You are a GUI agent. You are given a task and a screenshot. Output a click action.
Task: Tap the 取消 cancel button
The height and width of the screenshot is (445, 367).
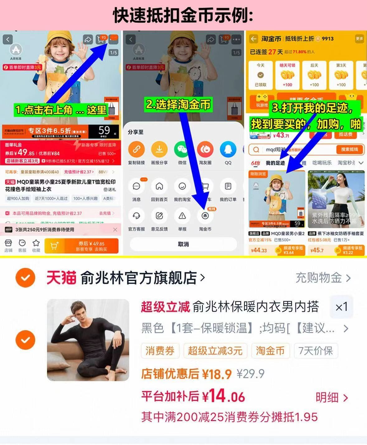coord(183,244)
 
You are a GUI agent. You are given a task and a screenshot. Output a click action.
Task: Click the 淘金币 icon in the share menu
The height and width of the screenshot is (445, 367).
coord(205,216)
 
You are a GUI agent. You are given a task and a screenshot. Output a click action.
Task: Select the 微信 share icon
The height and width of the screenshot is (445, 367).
coord(182,149)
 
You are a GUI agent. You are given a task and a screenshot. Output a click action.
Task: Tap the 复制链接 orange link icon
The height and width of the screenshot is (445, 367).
coord(136,149)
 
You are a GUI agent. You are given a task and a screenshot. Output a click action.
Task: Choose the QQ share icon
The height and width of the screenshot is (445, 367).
coord(228,149)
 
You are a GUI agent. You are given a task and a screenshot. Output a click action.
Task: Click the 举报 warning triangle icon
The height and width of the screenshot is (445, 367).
coord(182,216)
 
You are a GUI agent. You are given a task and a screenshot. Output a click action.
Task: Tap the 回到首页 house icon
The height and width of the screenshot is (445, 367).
coord(159,186)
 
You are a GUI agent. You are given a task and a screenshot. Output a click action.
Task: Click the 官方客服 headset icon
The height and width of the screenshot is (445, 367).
coord(136,216)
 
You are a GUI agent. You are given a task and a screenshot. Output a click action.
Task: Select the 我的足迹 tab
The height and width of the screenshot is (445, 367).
coord(275,163)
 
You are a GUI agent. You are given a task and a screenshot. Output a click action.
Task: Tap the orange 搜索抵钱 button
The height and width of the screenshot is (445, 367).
coord(349,149)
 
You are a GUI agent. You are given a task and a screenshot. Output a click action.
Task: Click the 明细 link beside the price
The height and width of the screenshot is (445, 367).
coord(332,397)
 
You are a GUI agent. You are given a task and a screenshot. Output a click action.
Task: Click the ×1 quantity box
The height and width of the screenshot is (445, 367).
coord(341,307)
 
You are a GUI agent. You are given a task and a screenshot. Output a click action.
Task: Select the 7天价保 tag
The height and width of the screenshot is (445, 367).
coord(316,351)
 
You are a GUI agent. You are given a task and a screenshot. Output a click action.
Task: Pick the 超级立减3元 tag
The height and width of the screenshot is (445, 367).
coord(215,351)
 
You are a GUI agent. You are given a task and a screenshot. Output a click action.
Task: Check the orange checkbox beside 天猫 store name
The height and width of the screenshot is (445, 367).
coord(25,277)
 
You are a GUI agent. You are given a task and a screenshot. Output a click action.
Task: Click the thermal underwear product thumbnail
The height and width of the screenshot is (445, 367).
coord(88,340)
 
